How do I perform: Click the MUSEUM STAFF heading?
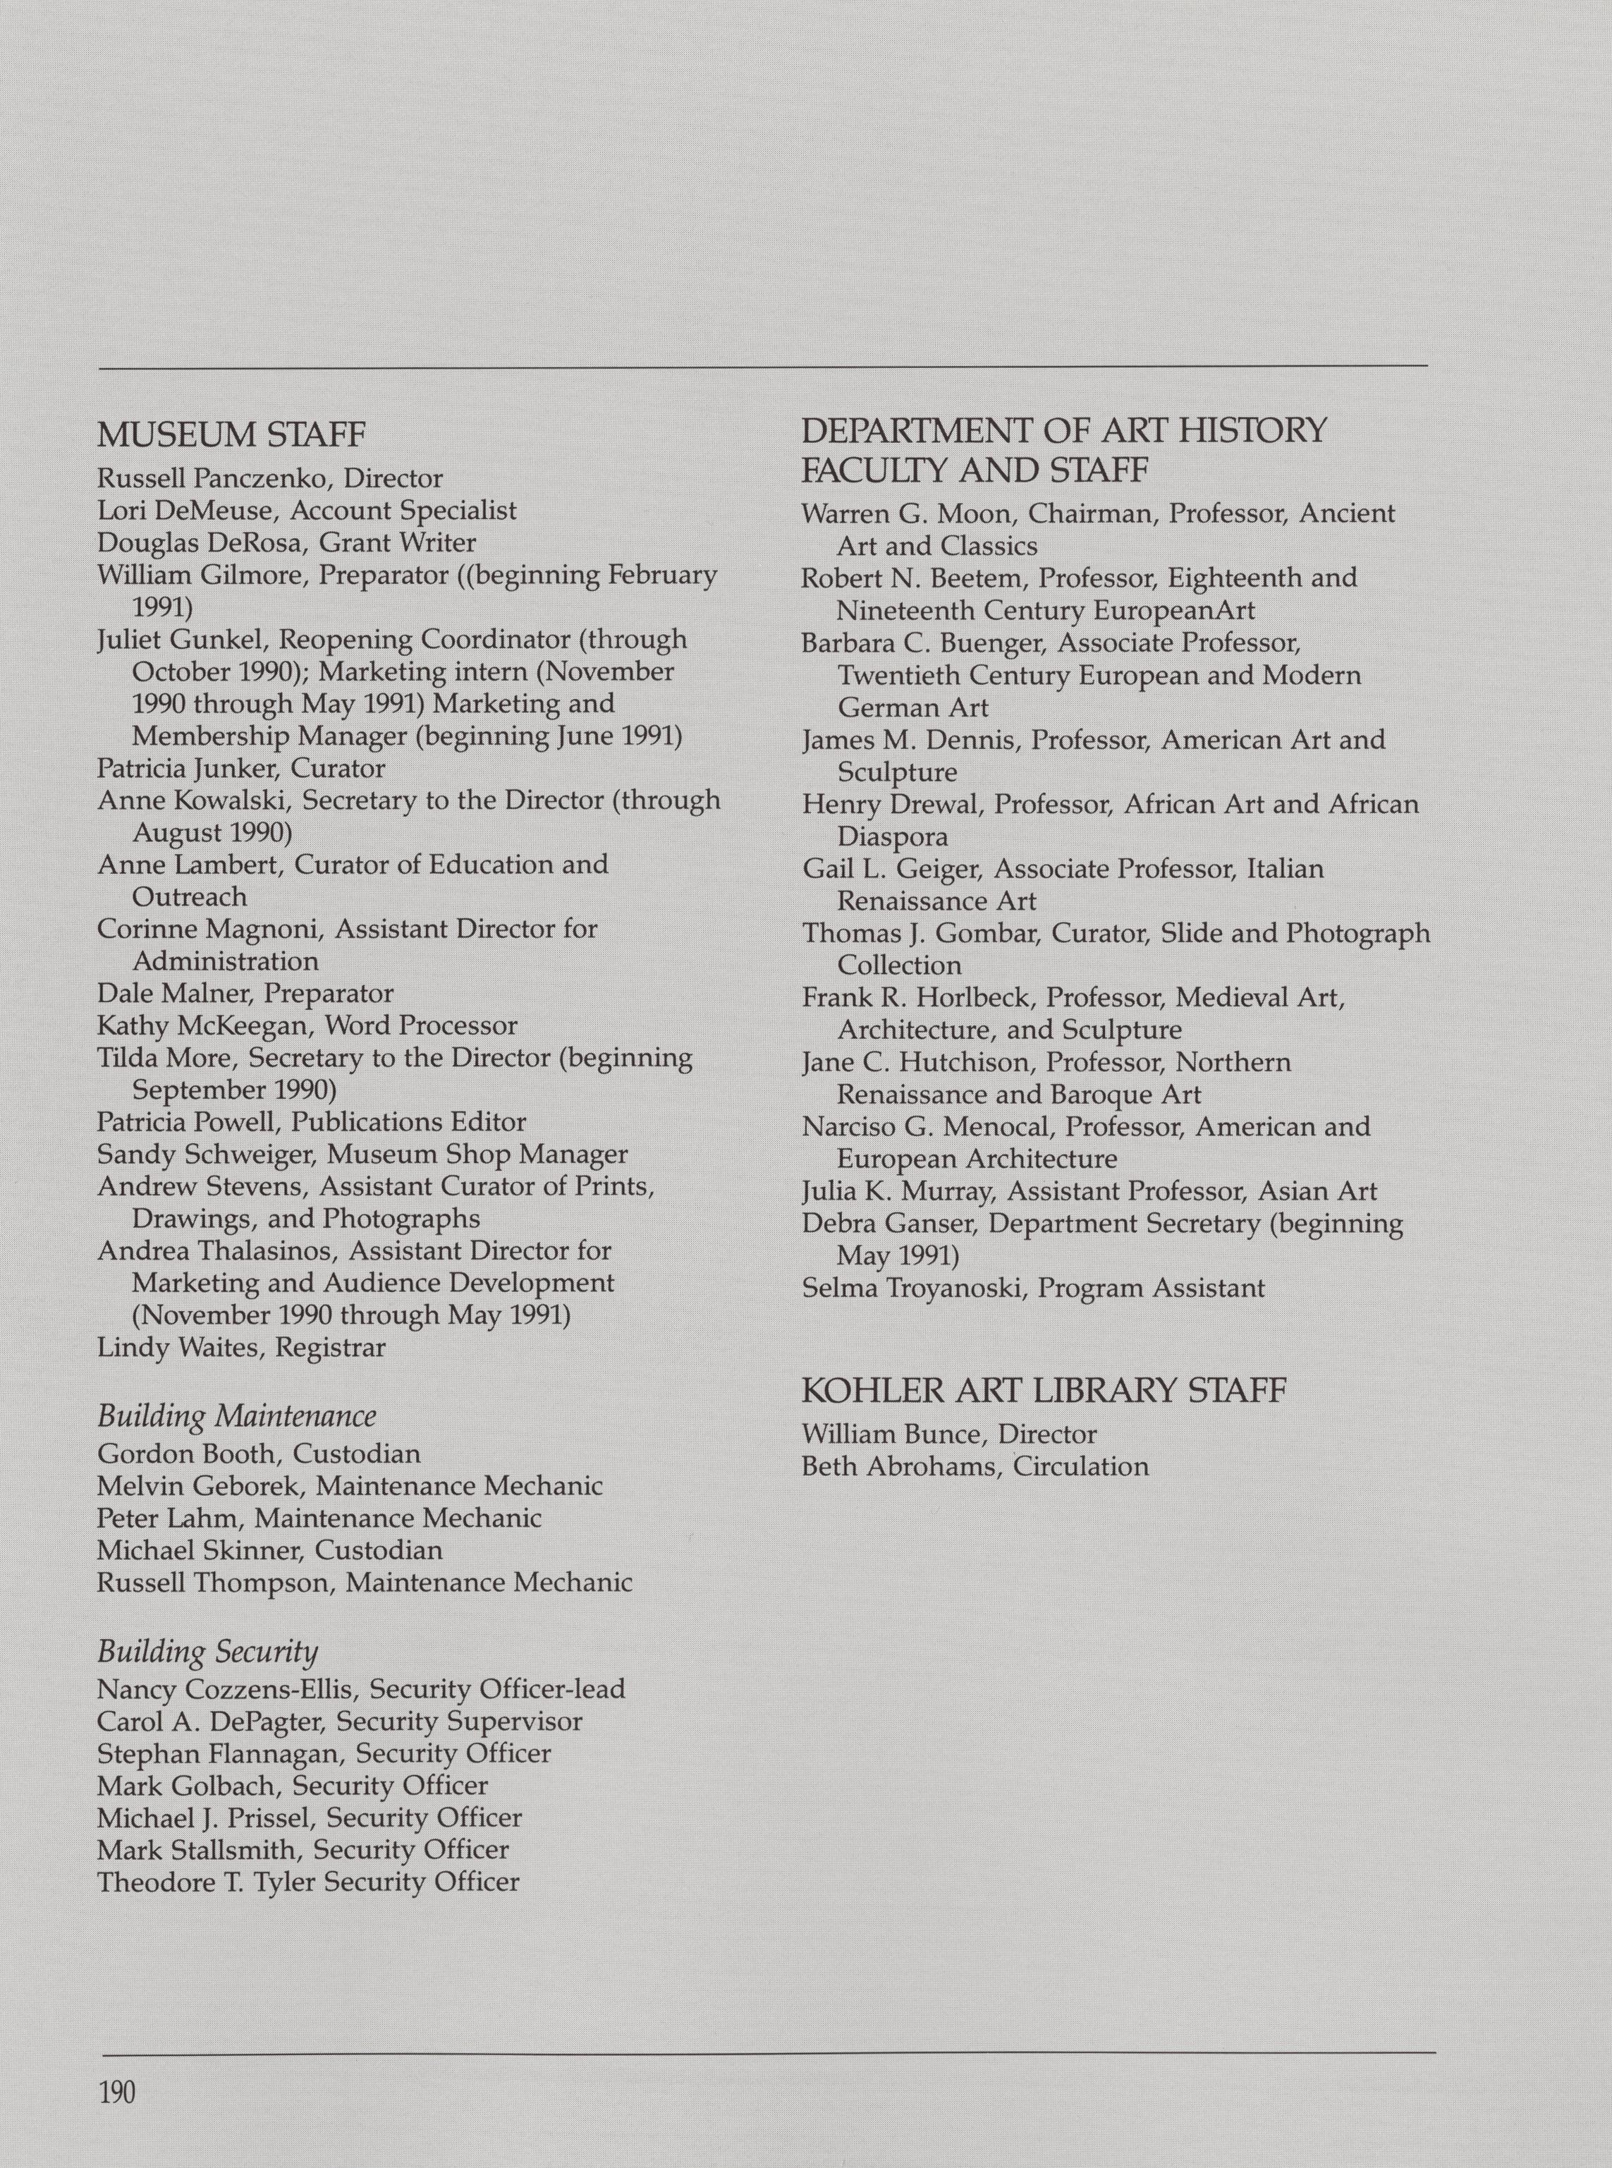coord(231,434)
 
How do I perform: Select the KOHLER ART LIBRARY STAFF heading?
coord(1043,1389)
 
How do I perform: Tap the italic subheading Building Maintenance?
coord(236,1415)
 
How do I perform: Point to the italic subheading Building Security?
coord(208,1651)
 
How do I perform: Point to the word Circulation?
coord(1080,1466)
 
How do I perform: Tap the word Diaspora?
coord(892,836)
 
